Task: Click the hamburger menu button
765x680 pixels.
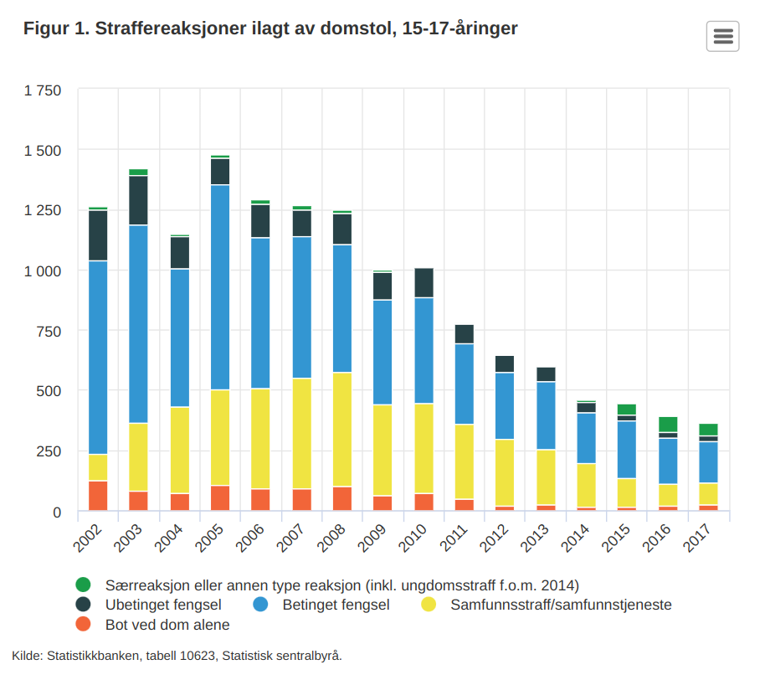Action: coord(723,36)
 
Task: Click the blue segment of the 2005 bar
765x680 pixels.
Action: coord(220,287)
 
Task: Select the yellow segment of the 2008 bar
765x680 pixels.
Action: coord(342,429)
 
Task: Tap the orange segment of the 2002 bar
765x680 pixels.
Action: coord(98,495)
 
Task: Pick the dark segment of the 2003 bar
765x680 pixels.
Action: coord(138,200)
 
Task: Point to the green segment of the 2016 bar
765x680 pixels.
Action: coord(668,424)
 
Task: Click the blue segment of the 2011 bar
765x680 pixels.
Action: coord(465,384)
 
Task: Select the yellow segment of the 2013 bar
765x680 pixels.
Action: coord(547,477)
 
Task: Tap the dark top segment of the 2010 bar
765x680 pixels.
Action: coord(424,283)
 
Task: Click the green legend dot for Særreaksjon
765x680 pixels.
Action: coord(83,585)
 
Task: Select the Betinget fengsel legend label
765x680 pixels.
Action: coord(336,605)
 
